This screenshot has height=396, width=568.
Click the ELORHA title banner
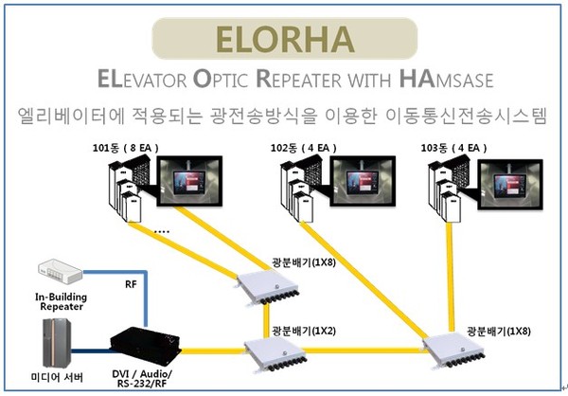coord(283,37)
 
